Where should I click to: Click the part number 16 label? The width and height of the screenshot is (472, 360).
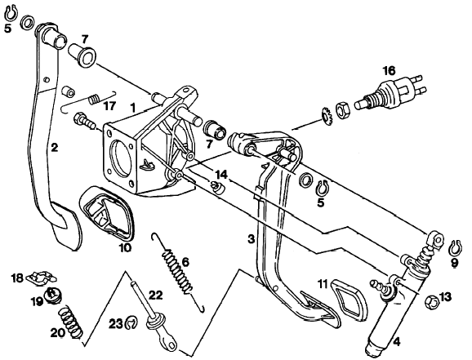pos(389,71)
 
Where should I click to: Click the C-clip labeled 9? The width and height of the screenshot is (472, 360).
pos(455,248)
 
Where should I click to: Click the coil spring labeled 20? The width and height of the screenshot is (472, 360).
pos(70,323)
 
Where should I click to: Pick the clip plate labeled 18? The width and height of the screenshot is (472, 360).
pos(42,278)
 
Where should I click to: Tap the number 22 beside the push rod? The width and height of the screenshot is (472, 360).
pos(155,295)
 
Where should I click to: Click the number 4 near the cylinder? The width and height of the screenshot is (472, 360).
pos(397,342)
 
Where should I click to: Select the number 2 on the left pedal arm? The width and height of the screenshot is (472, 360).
pos(54,148)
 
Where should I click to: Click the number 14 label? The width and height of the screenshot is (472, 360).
pos(221,175)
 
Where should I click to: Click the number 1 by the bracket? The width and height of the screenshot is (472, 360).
pos(132,107)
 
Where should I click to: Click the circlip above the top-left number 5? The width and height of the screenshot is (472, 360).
pos(12,12)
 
